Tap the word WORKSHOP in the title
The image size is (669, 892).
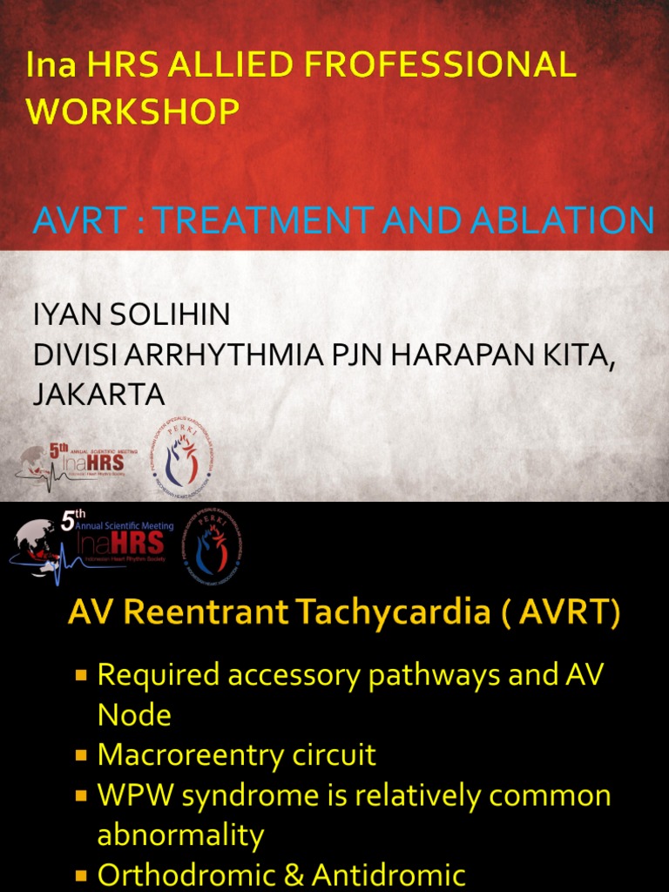tap(133, 111)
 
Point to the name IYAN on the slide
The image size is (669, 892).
tap(66, 315)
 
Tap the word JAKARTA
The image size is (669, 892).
tap(98, 395)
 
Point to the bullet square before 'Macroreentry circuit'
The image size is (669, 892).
tap(82, 755)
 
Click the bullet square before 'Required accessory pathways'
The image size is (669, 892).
tap(82, 675)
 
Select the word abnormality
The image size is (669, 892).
tap(180, 835)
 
